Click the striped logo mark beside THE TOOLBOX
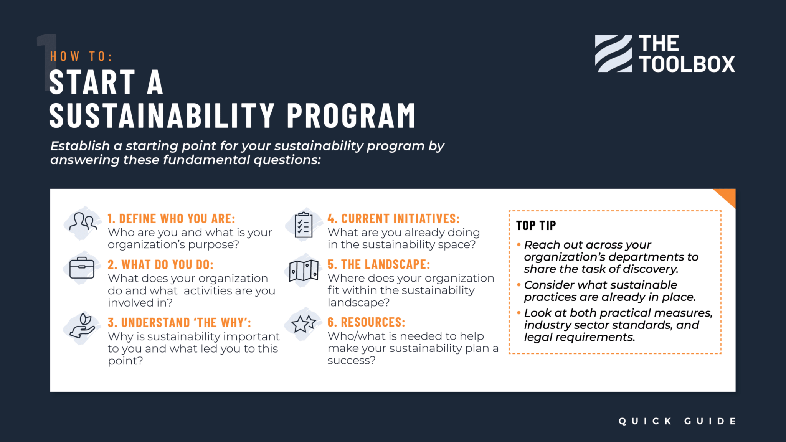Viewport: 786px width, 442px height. coord(613,54)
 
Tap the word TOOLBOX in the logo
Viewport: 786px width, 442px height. coord(687,64)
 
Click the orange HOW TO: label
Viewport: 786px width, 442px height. coord(81,56)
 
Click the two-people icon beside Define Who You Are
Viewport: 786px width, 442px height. coord(83,222)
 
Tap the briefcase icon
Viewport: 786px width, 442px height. coord(82,268)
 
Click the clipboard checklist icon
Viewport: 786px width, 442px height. coord(303,225)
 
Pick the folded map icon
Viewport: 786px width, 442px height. coord(304,270)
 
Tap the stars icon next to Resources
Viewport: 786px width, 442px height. coord(303,324)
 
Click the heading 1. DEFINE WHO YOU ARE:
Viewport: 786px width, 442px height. coord(171,219)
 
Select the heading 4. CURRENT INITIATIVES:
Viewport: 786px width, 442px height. coord(393,219)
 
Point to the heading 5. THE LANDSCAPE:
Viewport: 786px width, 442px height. coord(378,264)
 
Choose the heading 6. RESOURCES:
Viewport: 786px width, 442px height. coord(366,322)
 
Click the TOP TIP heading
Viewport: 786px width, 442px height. coord(536,226)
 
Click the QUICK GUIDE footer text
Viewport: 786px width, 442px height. coord(677,421)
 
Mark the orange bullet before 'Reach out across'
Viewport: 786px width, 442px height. coord(519,244)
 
